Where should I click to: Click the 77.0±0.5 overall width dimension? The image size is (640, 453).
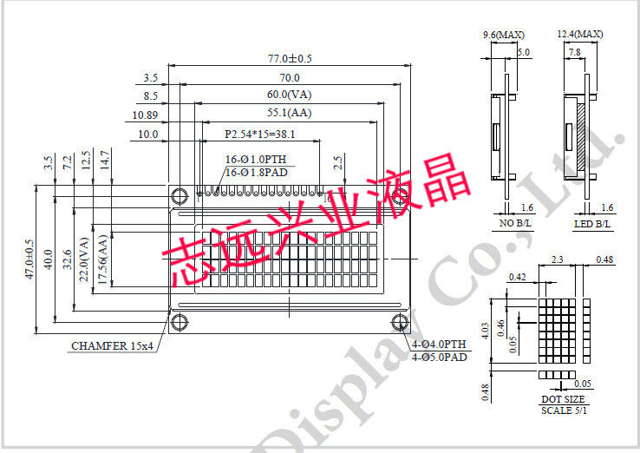290,59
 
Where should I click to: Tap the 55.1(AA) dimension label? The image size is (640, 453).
289,113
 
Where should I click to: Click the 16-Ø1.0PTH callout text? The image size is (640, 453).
255,160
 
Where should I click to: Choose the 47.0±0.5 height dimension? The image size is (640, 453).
29,259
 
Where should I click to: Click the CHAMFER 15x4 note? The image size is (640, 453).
112,345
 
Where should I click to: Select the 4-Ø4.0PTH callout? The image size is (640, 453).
440,345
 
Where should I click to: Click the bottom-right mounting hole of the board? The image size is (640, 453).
400,323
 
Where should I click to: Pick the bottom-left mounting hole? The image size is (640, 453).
180,323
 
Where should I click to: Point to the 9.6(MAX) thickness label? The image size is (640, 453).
503,35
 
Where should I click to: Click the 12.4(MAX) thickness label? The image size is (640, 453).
579,35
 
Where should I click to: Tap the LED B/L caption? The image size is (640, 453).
592,224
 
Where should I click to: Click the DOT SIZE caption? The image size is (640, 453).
563,399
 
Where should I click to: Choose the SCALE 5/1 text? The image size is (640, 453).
563,410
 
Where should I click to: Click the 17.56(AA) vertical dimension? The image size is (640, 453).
101,259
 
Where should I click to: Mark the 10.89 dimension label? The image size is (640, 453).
145,115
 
